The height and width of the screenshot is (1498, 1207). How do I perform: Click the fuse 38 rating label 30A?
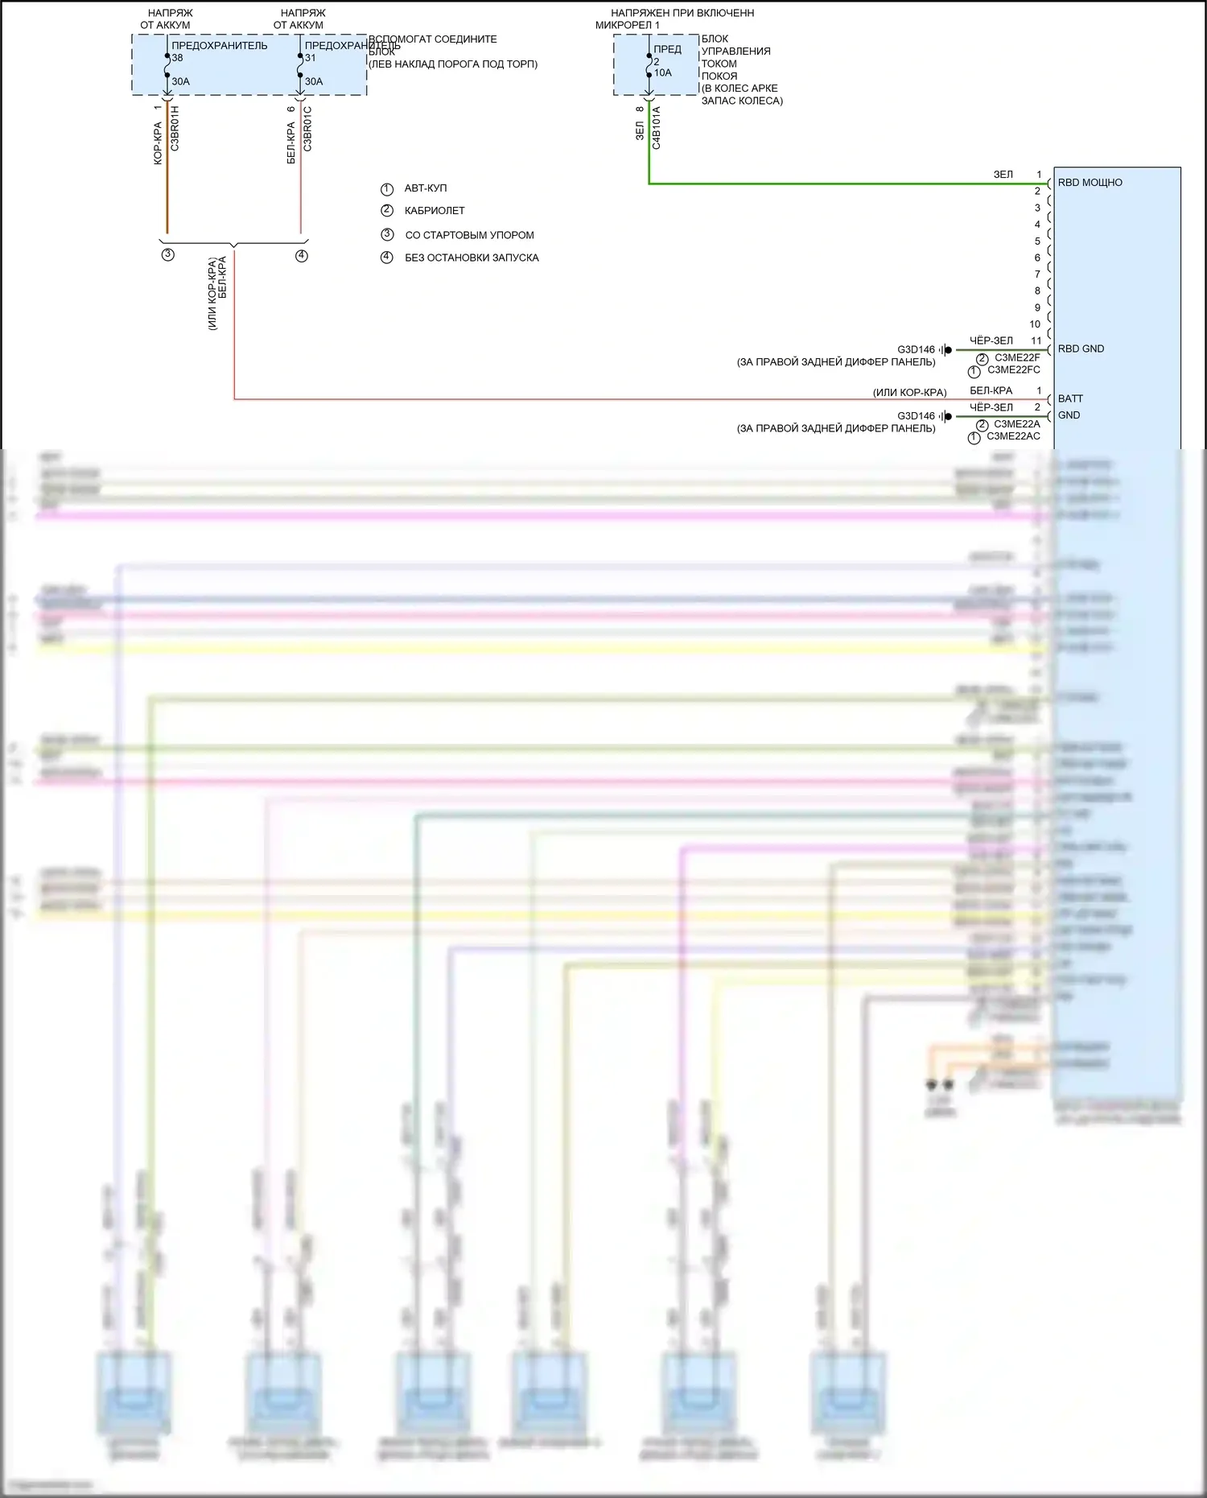coord(180,81)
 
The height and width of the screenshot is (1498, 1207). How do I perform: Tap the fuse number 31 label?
coord(310,58)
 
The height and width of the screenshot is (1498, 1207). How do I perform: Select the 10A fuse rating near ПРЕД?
coord(662,72)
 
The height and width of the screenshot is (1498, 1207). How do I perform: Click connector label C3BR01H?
coord(175,129)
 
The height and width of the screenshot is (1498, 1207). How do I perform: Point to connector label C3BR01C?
coord(307,129)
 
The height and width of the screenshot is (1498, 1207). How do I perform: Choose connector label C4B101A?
coord(656,127)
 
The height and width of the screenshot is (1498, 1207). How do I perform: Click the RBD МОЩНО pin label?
coord(1090,183)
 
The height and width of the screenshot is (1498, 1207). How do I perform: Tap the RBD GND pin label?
coord(1081,349)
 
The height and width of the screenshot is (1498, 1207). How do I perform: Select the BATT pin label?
coord(1070,398)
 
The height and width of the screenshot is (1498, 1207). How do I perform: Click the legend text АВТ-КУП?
coord(425,188)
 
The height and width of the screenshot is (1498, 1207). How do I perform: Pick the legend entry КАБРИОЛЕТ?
coord(435,211)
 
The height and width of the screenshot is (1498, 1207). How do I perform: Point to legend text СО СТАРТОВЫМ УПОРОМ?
coord(469,235)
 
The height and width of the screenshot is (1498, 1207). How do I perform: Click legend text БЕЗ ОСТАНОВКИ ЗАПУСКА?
coord(472,258)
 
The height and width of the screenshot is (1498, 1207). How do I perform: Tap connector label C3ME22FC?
coord(1013,370)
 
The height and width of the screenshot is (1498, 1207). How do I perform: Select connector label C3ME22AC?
coord(1013,436)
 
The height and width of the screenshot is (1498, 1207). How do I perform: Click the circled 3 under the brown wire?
coord(167,255)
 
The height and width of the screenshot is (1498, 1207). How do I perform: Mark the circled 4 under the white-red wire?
coord(301,256)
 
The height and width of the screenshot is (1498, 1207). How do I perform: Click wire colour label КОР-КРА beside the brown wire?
coord(158,143)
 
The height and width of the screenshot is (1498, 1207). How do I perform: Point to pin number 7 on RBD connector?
coord(1037,274)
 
